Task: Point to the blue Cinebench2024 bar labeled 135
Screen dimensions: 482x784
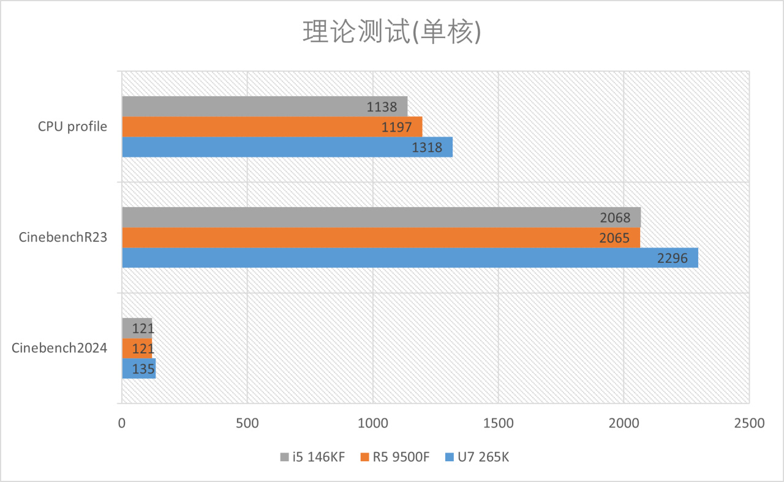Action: (x=138, y=369)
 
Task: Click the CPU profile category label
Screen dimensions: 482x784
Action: (x=72, y=127)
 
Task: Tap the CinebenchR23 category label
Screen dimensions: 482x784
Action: (x=63, y=238)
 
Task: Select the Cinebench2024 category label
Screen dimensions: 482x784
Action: (x=59, y=348)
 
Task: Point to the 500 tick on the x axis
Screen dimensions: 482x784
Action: (x=247, y=423)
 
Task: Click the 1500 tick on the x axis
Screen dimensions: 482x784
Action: (x=498, y=423)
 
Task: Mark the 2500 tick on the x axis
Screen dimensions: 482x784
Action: (x=749, y=423)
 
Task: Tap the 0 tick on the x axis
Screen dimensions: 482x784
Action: (x=122, y=423)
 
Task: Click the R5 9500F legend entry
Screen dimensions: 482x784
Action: (x=396, y=457)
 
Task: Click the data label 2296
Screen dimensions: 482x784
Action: (x=677, y=258)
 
